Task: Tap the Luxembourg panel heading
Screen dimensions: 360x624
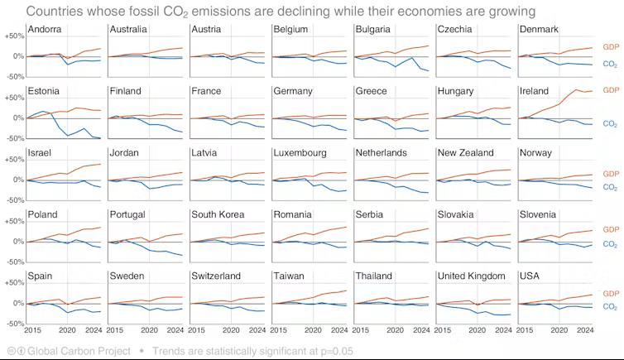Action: point(300,153)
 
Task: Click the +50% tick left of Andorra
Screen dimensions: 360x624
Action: point(13,36)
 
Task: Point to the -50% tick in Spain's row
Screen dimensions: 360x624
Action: point(13,323)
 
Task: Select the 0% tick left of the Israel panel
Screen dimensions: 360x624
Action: point(17,180)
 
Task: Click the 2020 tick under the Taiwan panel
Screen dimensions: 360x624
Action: point(312,330)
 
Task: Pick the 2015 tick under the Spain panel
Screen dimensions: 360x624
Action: point(33,330)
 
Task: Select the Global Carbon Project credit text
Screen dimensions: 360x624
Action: point(79,351)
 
